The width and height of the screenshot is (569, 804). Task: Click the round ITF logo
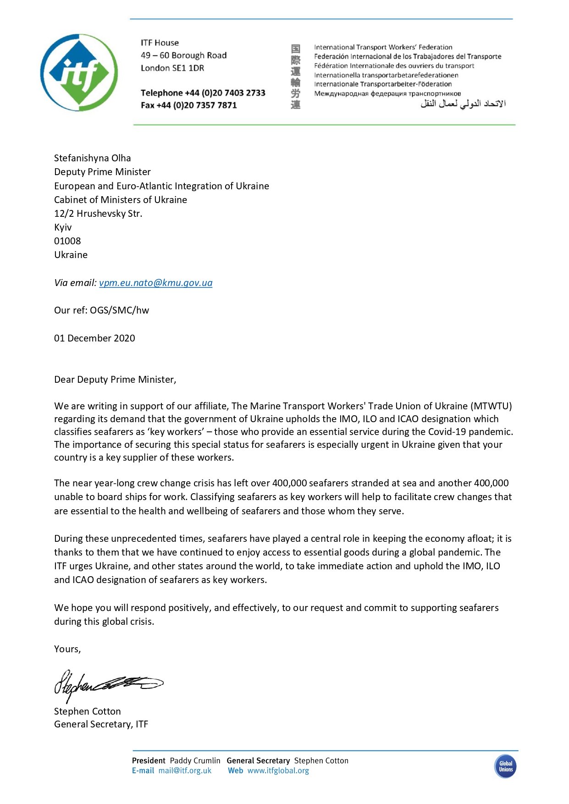click(x=79, y=72)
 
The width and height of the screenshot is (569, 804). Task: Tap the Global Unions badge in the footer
click(x=505, y=766)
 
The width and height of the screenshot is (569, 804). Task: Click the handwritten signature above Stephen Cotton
click(x=108, y=684)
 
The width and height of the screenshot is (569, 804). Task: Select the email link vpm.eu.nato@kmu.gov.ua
click(x=155, y=283)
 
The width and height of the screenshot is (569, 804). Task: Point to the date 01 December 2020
click(x=94, y=338)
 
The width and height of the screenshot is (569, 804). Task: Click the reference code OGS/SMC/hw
click(x=119, y=310)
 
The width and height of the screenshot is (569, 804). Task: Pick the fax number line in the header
click(x=189, y=105)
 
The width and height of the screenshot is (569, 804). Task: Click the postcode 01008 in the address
click(x=67, y=241)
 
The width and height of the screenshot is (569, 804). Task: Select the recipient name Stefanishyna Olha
click(x=92, y=158)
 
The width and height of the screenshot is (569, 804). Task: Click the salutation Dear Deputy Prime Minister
click(x=115, y=380)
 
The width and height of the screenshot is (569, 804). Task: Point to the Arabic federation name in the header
click(x=463, y=104)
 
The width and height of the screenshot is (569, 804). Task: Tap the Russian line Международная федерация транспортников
click(x=387, y=94)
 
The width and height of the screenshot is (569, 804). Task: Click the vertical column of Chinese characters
click(x=296, y=77)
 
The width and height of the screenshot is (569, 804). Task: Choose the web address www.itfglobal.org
click(x=278, y=771)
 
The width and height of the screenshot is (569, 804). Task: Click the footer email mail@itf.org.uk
click(x=185, y=771)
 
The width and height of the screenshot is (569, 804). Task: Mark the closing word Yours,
click(x=67, y=649)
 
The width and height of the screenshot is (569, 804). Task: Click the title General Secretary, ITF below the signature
click(x=101, y=724)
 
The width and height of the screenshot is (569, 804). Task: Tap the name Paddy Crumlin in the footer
click(x=195, y=760)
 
